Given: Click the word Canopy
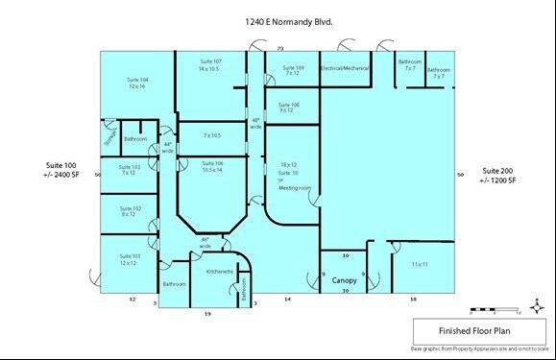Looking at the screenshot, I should point(345,281).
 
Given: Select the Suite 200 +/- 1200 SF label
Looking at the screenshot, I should point(498,175).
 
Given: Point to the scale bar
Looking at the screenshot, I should point(494,309).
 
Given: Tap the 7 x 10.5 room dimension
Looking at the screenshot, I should point(211,135).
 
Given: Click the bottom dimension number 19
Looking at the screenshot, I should point(206,314).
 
